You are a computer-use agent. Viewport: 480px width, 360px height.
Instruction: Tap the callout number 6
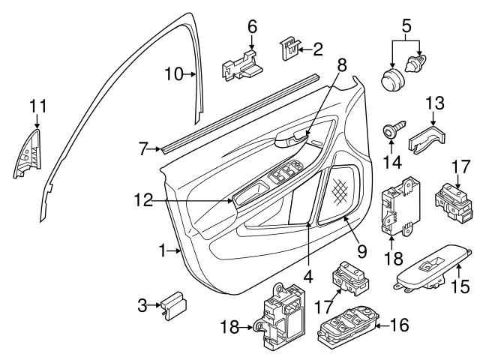(253, 26)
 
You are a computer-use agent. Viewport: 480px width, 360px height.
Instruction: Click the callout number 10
(173, 73)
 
